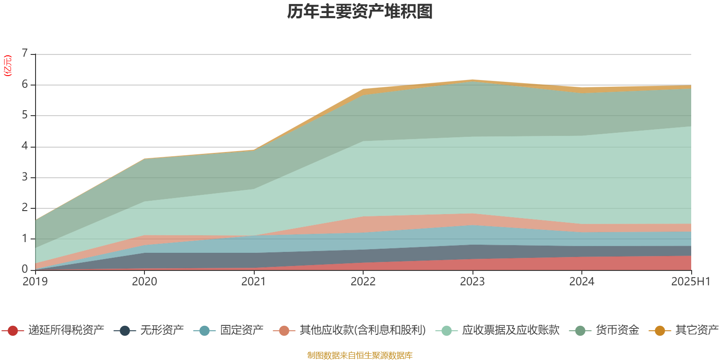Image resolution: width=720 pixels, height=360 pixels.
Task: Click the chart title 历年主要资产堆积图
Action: pos(360,12)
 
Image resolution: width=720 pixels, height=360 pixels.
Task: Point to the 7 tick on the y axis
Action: pos(25,54)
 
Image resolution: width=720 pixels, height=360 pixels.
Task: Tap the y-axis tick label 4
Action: pos(25,146)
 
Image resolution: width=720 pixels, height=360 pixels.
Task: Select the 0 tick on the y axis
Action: pos(25,269)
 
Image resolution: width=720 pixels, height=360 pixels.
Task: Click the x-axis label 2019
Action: pos(35,282)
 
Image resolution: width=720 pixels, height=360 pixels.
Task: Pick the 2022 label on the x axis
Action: pos(363,282)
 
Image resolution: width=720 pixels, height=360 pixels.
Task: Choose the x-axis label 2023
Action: pos(472,282)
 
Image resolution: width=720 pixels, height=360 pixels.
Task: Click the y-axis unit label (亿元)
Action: pos(8,66)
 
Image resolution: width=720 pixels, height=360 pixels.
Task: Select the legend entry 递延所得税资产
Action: pos(66,330)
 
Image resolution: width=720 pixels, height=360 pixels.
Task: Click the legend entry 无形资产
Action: pos(162,330)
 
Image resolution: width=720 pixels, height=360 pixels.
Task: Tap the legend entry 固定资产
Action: pos(242,330)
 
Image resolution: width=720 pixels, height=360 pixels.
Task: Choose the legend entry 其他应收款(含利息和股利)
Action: pos(363,330)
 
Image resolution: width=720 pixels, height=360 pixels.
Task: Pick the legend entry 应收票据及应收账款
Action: pos(510,330)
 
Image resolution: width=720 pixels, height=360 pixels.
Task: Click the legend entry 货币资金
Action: pos(617,330)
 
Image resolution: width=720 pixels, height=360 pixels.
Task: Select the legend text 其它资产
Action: pos(697,330)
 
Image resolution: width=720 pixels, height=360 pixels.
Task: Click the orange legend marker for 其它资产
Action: pos(660,331)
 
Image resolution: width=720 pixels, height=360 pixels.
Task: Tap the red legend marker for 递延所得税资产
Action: pos(13,331)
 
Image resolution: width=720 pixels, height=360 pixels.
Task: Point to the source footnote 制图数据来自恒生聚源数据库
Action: pos(360,355)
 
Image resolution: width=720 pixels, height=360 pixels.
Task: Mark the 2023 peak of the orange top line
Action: pos(472,80)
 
